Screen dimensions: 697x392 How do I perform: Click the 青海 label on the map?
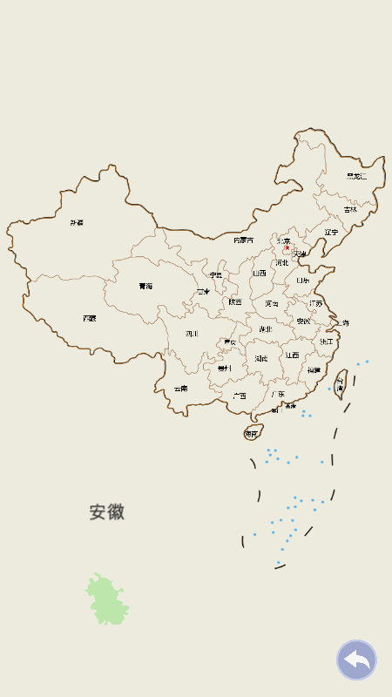(145, 286)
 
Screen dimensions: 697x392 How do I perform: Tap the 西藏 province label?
(90, 319)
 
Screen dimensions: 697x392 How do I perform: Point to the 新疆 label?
(78, 223)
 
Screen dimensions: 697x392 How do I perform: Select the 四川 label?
(192, 334)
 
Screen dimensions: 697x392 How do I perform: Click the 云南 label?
(180, 389)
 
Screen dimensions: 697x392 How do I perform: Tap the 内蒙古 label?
(244, 240)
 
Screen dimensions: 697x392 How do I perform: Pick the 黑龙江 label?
(357, 177)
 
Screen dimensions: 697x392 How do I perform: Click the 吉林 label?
(350, 209)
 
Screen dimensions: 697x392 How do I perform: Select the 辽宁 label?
(331, 232)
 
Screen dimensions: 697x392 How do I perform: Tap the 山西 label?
(260, 273)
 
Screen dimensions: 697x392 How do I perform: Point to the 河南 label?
(272, 303)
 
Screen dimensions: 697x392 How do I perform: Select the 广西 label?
(239, 396)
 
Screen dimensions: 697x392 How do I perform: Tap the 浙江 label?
(326, 342)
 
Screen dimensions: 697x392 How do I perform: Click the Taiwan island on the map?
(341, 381)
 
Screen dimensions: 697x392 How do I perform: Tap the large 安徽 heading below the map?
(107, 512)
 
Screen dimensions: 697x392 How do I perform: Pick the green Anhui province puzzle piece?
(106, 600)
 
